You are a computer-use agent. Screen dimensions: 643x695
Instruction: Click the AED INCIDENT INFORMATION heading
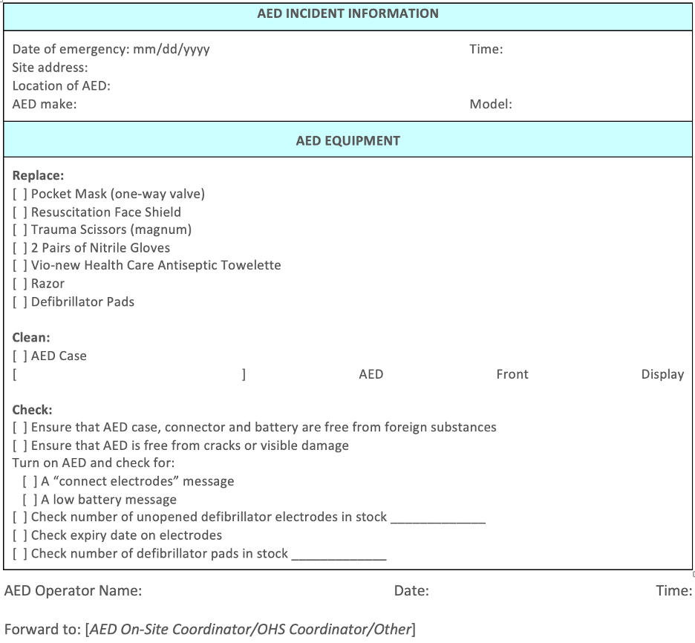[347, 13]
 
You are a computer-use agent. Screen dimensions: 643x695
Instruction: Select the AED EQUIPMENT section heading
[347, 140]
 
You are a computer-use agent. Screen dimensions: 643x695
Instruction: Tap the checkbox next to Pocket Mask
[20, 195]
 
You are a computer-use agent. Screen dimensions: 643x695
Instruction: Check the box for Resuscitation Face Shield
[20, 212]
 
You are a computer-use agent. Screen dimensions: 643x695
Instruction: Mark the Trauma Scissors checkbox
[20, 230]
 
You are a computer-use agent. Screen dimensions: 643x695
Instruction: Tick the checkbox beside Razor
[20, 284]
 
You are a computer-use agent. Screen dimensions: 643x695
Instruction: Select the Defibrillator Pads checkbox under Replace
[20, 302]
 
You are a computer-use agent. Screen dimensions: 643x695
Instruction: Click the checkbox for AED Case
[20, 356]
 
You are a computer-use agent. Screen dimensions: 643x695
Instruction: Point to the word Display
[662, 374]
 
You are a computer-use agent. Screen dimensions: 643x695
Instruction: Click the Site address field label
[50, 68]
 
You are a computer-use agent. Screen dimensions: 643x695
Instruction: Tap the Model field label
[490, 104]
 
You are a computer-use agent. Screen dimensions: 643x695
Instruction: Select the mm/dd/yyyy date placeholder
[171, 50]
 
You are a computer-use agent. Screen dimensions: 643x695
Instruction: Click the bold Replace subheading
[38, 176]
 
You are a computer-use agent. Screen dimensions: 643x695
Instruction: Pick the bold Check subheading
[32, 410]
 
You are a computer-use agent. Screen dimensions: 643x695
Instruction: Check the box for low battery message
[30, 500]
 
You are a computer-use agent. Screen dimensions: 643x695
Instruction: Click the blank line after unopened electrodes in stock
[438, 518]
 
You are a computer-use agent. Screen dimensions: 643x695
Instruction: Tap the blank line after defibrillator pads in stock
[339, 554]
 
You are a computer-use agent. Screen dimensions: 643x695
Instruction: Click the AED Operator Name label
[73, 591]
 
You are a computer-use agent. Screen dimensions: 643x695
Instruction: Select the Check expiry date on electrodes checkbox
[20, 536]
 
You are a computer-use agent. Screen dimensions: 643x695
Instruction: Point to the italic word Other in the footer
[391, 630]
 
